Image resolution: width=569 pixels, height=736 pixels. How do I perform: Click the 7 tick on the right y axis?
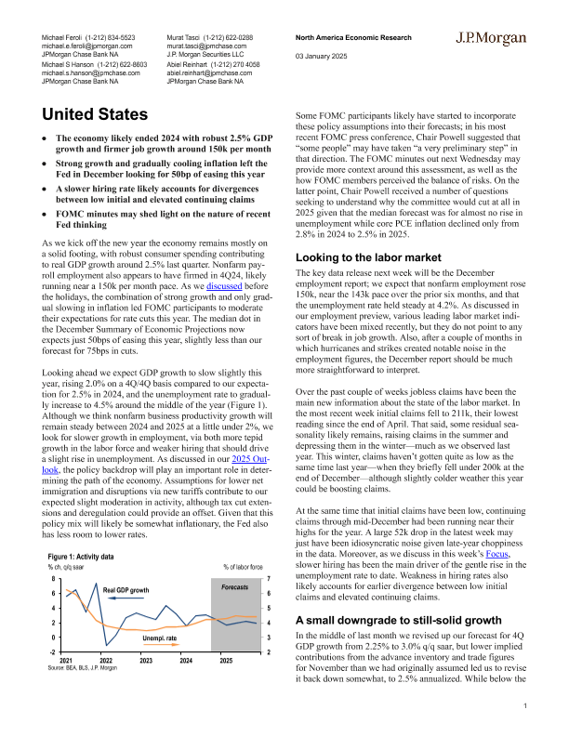click(269, 579)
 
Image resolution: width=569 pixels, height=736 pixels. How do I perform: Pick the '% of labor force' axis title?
click(245, 566)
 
